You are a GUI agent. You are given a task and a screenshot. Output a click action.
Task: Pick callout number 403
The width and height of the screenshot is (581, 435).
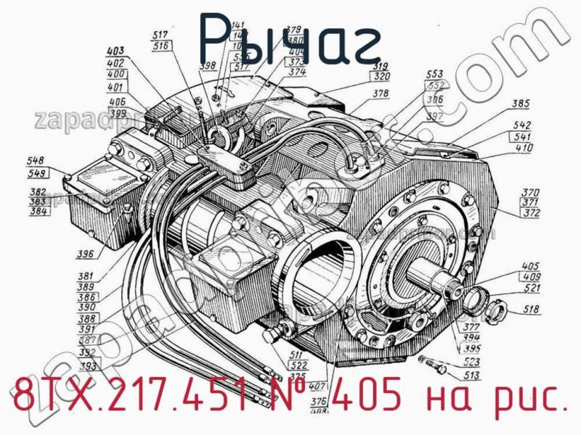point(115,51)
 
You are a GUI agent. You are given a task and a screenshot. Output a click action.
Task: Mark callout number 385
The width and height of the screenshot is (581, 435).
point(520,103)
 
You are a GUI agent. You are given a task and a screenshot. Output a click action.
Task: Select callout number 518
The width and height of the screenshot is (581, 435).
point(532,312)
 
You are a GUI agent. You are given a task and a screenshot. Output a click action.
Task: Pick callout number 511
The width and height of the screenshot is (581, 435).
point(296,355)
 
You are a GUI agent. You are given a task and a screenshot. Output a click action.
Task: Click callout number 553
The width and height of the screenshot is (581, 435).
point(434,75)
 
